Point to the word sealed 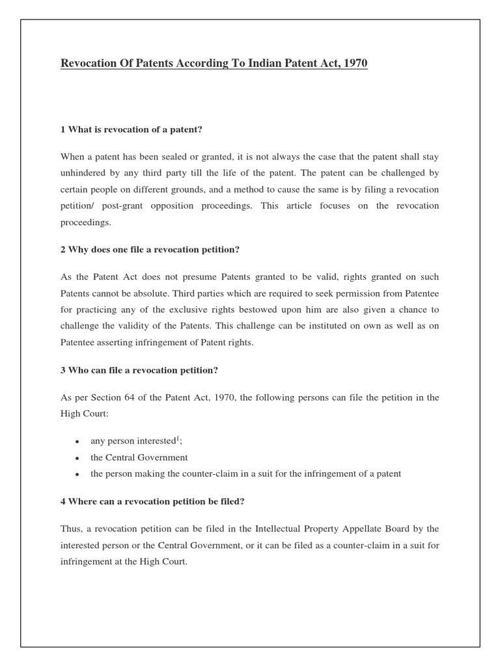coord(178,157)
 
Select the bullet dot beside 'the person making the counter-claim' coord(77,475)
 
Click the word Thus coord(71,529)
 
